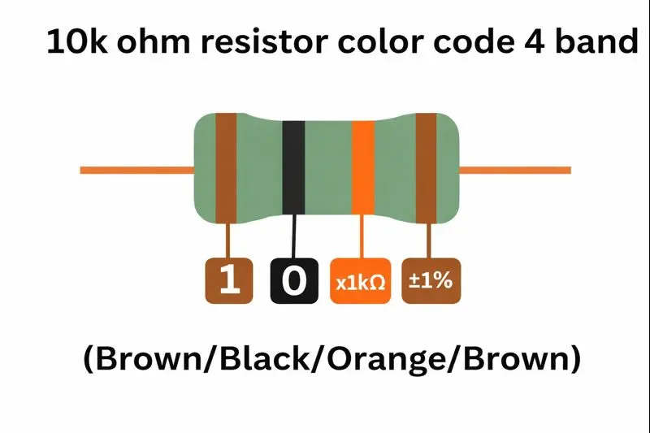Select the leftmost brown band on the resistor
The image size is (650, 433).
click(226, 169)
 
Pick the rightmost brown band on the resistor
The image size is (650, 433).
click(427, 169)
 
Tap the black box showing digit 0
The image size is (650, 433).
click(293, 281)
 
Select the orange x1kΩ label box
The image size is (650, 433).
click(361, 281)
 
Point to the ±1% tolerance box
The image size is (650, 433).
click(430, 281)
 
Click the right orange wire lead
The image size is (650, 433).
click(515, 170)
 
